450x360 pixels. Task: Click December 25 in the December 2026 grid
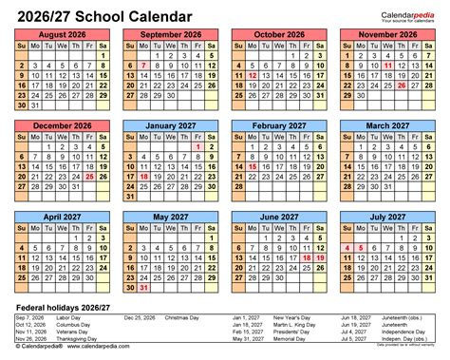pos(88,176)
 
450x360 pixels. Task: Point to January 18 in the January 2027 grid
pos(141,176)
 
